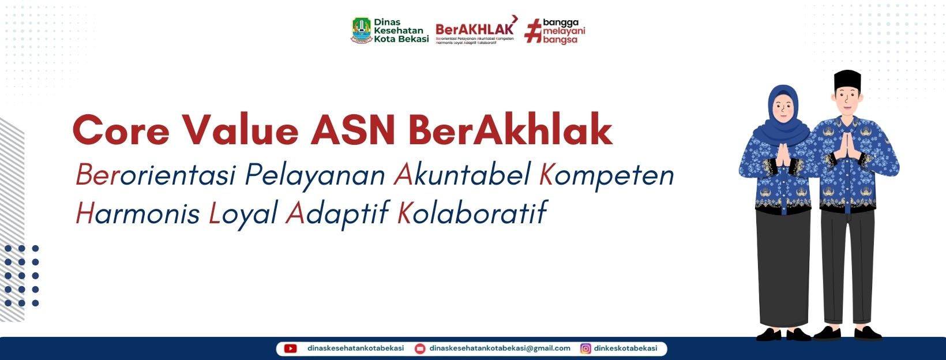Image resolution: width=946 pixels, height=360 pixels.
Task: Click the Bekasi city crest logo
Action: [x=362, y=31]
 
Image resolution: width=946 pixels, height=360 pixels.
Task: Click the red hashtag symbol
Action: [x=533, y=31]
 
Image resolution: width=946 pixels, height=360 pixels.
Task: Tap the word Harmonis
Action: [x=137, y=213]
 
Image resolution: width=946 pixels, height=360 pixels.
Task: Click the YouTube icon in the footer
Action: [x=291, y=348]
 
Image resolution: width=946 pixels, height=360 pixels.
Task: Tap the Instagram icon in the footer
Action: [x=585, y=348]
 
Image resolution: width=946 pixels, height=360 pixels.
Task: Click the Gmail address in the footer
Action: [x=500, y=348]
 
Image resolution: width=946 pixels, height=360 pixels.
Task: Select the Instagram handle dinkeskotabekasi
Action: [x=626, y=348]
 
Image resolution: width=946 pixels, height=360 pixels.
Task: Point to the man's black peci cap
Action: [x=847, y=81]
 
